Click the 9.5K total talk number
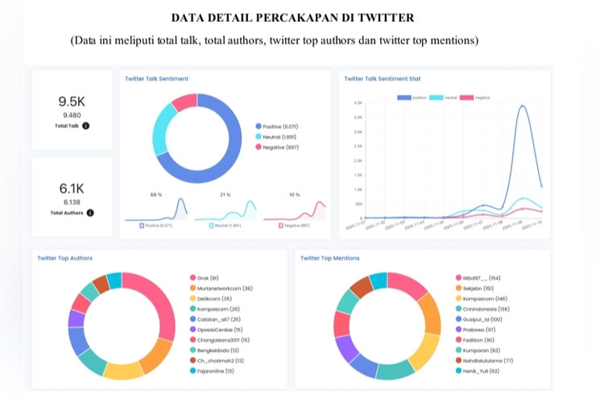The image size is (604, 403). [x=72, y=102]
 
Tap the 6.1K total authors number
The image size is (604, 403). [x=72, y=189]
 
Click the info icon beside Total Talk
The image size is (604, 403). [x=86, y=126]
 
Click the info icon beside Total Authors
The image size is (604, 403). [x=90, y=213]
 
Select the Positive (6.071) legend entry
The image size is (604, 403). [x=278, y=127]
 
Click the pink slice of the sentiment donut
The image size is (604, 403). [x=185, y=102]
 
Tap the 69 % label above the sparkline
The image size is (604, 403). [x=156, y=195]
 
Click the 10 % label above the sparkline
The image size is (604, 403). [x=294, y=195]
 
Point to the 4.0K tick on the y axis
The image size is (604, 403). [x=357, y=103]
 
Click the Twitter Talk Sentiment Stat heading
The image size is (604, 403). [x=382, y=79]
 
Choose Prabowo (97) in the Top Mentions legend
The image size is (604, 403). [x=481, y=329]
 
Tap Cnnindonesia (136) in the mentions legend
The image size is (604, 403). [x=488, y=308]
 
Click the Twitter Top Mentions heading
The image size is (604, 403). [x=329, y=258]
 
